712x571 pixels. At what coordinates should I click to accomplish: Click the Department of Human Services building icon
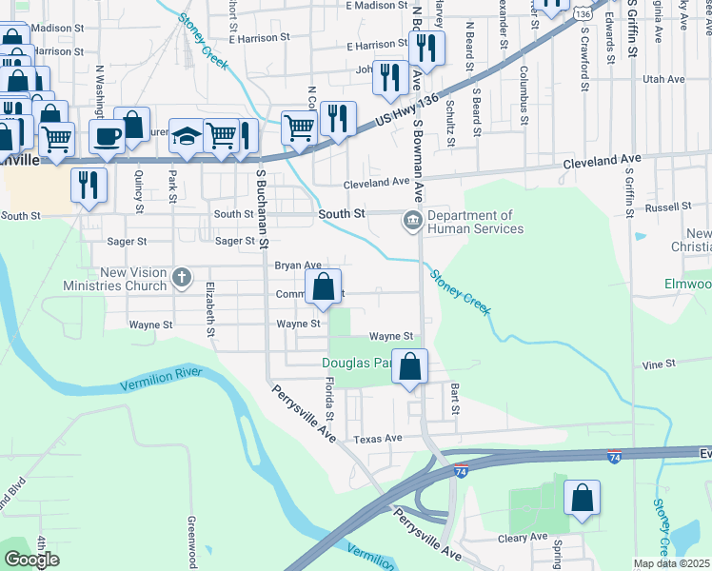[x=412, y=222]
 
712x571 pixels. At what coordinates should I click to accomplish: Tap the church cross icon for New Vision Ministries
[x=181, y=279]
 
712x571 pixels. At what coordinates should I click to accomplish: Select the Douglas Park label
[x=356, y=363]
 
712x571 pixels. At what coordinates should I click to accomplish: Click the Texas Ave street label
[x=378, y=439]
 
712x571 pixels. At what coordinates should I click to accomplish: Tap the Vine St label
[x=658, y=364]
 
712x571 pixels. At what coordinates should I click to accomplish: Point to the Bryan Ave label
[x=298, y=266]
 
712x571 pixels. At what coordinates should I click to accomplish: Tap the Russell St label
[x=666, y=207]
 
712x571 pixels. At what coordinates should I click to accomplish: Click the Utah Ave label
[x=664, y=79]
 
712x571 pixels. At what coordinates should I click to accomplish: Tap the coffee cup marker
[x=107, y=135]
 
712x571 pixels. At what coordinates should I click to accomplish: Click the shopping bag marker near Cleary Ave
[x=582, y=499]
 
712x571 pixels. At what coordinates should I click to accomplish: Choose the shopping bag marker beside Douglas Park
[x=409, y=366]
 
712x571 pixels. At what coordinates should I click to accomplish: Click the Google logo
[x=32, y=560]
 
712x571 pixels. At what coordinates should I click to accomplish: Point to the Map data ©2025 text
[x=671, y=563]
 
